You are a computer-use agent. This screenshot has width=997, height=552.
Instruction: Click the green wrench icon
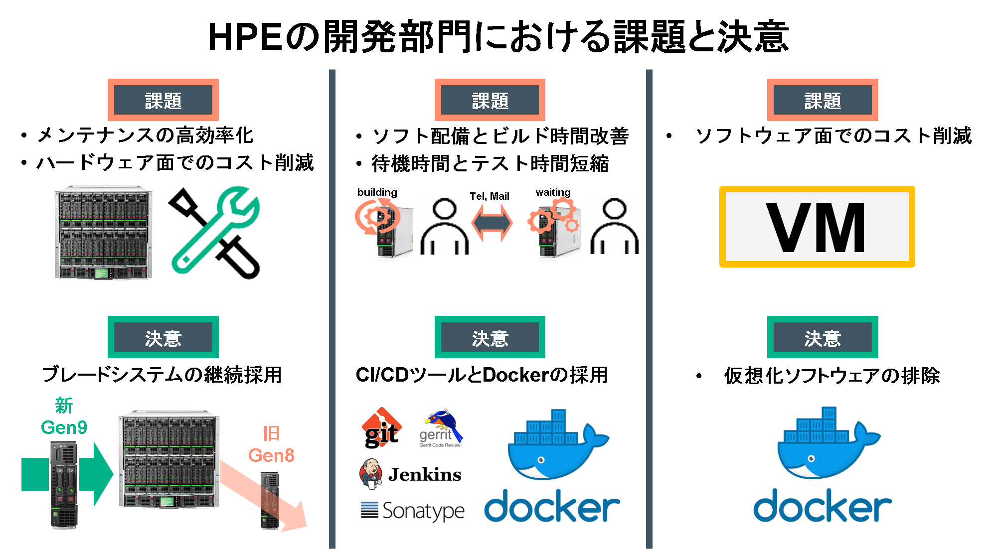[x=215, y=230]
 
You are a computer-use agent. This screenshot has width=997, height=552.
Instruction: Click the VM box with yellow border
[x=817, y=227]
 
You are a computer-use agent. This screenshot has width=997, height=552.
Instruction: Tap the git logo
[x=382, y=428]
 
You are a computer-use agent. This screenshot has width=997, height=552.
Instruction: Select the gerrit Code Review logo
[x=441, y=427]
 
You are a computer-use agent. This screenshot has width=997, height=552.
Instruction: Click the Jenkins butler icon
[x=371, y=473]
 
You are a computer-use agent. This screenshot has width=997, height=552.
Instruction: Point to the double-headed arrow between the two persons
[x=492, y=223]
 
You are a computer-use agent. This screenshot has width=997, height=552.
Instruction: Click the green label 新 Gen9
[x=64, y=416]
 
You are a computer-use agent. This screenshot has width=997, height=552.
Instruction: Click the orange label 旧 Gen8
[x=271, y=444]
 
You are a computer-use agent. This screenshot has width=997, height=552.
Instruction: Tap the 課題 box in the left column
[x=163, y=100]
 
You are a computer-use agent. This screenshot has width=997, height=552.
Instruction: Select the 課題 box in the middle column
[x=490, y=100]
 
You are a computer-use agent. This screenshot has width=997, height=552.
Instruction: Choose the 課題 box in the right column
[x=823, y=100]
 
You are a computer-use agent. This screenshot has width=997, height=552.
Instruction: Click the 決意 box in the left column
[x=163, y=337]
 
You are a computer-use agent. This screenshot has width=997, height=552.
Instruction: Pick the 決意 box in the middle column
[x=490, y=337]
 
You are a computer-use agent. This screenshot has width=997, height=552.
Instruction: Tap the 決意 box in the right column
[x=823, y=337]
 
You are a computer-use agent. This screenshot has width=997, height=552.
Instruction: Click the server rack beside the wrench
[x=103, y=233]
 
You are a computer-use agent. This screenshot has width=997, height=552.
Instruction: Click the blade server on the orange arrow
[x=270, y=501]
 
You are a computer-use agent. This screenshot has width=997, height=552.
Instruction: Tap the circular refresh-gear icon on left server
[x=376, y=216]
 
